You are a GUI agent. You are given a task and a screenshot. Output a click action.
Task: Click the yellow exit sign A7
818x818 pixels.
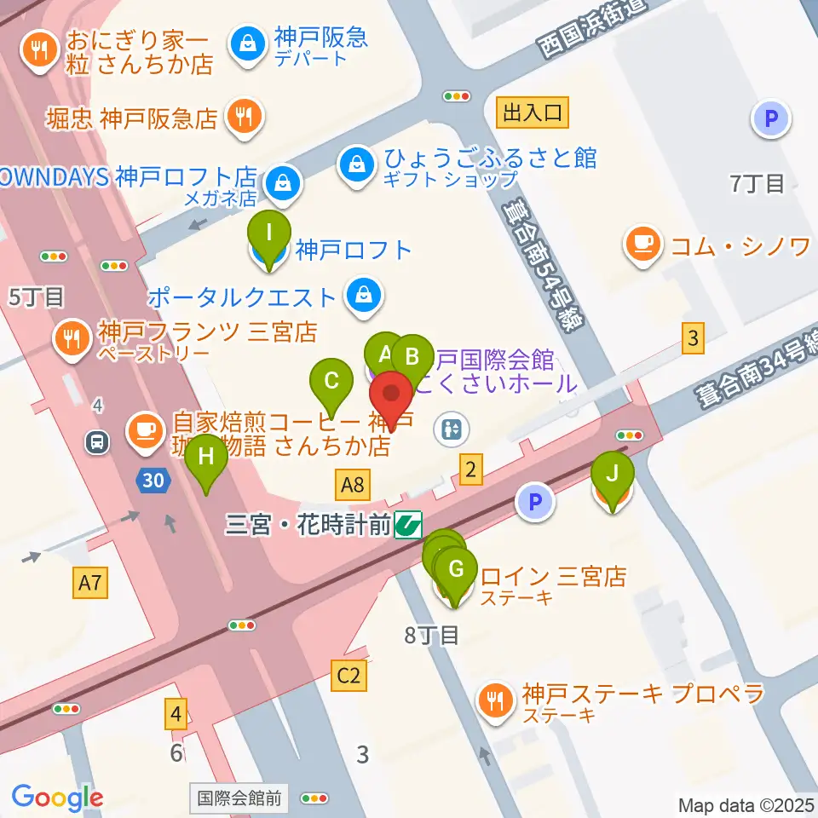pos(91,584)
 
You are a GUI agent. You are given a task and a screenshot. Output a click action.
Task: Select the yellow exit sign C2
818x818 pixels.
pos(349,677)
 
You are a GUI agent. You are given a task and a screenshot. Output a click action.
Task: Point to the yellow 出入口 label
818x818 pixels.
pos(533,111)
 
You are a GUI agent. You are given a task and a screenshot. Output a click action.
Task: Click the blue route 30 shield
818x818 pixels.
pos(153,481)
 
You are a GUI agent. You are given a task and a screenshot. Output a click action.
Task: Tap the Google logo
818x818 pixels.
pos(57,798)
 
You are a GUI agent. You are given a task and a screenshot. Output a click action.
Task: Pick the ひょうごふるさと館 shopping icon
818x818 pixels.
pos(354,164)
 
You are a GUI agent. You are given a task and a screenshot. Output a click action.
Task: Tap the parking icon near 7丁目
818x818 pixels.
pos(771,119)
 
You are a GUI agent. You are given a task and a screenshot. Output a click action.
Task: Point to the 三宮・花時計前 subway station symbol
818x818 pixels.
pos(408,524)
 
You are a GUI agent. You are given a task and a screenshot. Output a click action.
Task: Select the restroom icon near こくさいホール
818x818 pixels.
pos(452,429)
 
